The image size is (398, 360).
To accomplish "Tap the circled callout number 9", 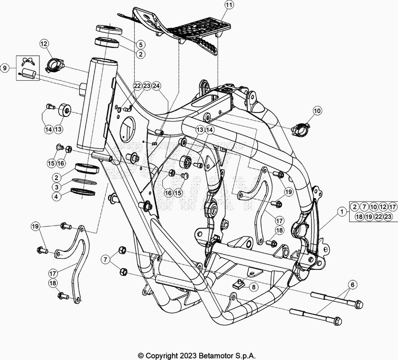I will coord(5,67).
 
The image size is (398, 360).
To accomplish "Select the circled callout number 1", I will coord(342,211).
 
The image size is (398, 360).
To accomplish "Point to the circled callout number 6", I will coord(353,284).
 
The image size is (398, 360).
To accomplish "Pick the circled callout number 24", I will coord(157,86).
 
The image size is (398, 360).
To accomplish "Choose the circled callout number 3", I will coord(58,186).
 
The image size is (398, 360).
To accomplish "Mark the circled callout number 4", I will coord(58,196).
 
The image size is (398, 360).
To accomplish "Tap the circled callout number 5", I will coord(141,44).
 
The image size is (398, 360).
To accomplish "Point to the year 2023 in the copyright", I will coord(182,356).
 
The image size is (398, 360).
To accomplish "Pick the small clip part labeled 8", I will coord(240,285).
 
